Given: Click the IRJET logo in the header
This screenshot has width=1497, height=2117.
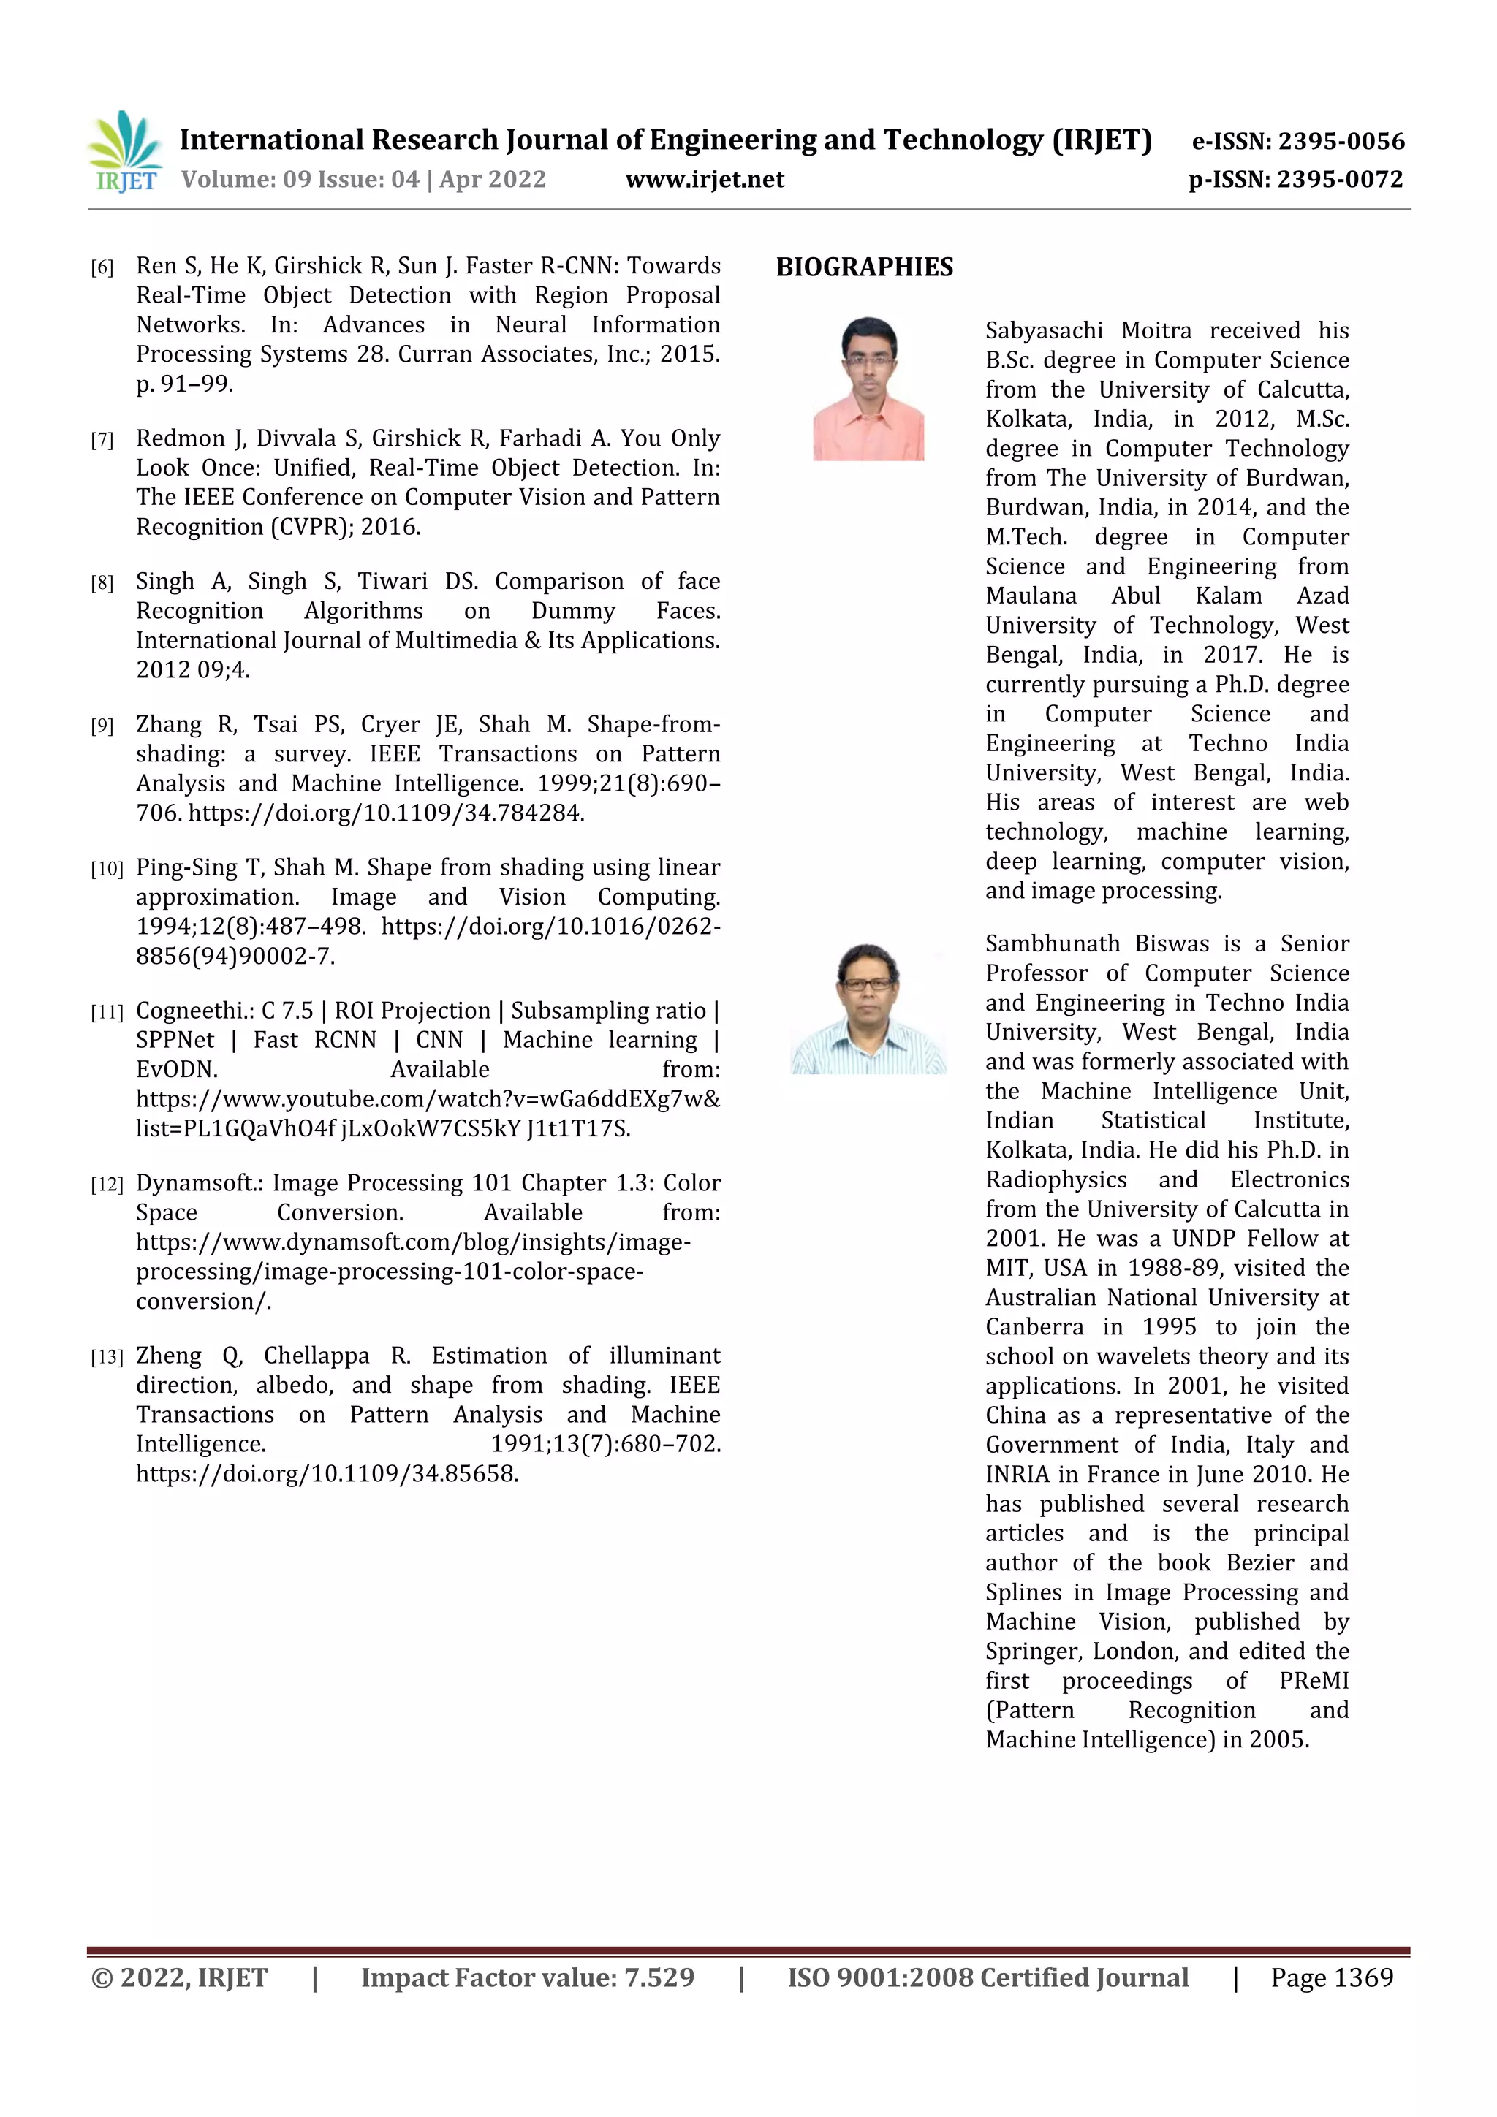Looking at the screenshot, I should [x=126, y=151].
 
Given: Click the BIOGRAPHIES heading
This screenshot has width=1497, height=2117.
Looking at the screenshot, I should [x=864, y=267].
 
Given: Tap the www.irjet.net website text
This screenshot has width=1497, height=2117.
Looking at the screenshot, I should [x=705, y=180].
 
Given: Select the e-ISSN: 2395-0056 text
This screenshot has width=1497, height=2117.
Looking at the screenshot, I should [x=1297, y=141].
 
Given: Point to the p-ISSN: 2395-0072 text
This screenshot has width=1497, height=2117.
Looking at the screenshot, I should [x=1295, y=180].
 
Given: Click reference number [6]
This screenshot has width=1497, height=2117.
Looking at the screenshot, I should [x=102, y=268].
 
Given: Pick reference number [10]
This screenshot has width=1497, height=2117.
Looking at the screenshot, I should [x=106, y=869].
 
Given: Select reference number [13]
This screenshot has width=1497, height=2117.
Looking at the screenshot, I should [x=106, y=1357].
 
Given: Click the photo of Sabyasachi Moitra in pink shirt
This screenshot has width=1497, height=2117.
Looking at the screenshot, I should [x=868, y=388].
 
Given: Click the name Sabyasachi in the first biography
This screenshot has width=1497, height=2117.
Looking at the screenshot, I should [x=1043, y=331].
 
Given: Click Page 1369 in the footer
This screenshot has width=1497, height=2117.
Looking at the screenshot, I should [x=1331, y=1977].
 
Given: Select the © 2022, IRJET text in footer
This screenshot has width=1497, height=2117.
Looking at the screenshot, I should [x=179, y=1977].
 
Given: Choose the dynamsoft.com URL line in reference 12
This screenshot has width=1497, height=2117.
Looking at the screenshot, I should [x=412, y=1242].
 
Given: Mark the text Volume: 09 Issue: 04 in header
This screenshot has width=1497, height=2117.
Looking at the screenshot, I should [x=300, y=180].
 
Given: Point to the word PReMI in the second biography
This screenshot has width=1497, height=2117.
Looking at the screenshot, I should [x=1313, y=1681].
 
